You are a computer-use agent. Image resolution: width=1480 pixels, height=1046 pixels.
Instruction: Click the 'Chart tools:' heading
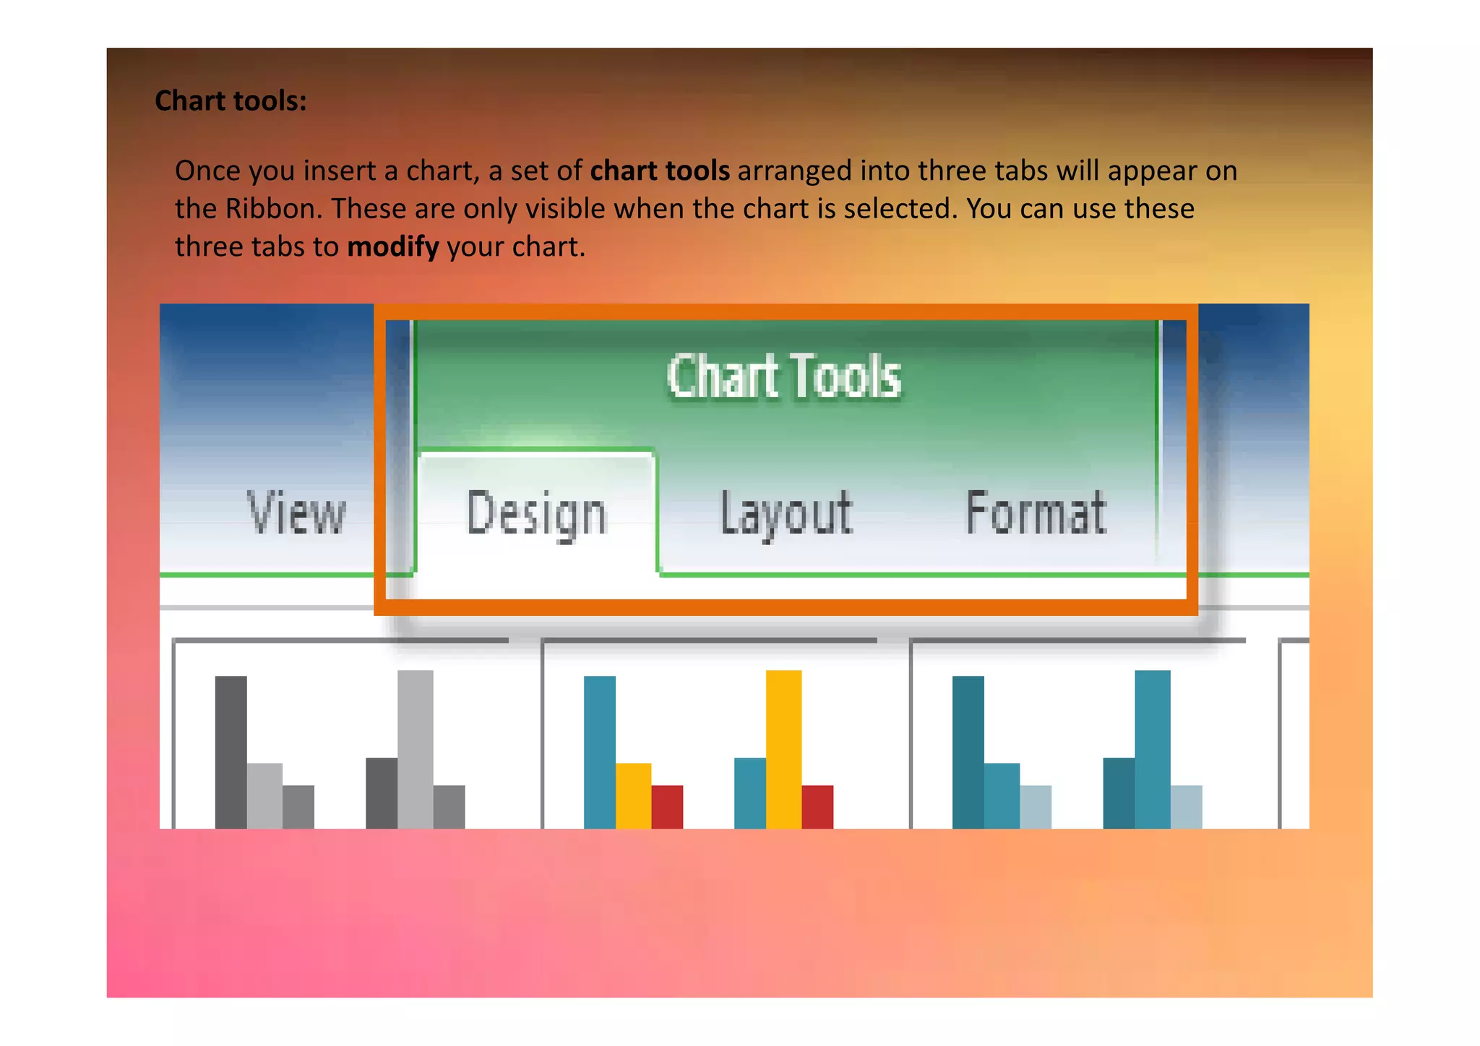coord(231,101)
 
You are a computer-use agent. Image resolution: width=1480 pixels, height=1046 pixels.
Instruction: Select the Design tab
coord(536,513)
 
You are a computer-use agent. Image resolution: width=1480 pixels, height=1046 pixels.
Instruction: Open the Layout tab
coord(786,513)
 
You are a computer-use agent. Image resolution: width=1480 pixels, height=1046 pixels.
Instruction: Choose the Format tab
coord(1036,513)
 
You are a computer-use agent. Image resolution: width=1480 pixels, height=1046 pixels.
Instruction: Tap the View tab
coord(296,513)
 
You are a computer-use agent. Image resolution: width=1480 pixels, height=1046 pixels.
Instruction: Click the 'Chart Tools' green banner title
coord(784,376)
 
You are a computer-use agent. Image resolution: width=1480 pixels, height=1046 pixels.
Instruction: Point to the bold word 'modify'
coord(392,247)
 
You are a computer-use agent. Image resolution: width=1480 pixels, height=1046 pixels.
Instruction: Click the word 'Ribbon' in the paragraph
coord(273,209)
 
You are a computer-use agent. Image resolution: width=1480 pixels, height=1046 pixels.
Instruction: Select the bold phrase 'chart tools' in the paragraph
coord(660,171)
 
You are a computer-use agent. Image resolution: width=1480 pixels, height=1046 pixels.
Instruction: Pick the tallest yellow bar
coord(783,748)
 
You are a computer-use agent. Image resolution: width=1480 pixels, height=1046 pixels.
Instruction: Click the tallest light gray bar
coord(415,748)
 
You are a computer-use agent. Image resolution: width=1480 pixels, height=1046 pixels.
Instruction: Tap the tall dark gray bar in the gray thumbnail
coord(231,752)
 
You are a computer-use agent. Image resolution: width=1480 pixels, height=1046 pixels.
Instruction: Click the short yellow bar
coord(633,795)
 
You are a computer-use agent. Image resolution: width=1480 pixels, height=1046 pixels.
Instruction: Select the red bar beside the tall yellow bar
coord(817,806)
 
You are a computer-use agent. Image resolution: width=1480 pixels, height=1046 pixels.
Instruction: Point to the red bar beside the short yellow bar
coord(667,806)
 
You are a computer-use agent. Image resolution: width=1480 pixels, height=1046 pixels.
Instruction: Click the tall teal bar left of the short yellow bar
coord(599,752)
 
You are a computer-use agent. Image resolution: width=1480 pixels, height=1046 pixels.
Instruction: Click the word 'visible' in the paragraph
coord(564,209)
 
